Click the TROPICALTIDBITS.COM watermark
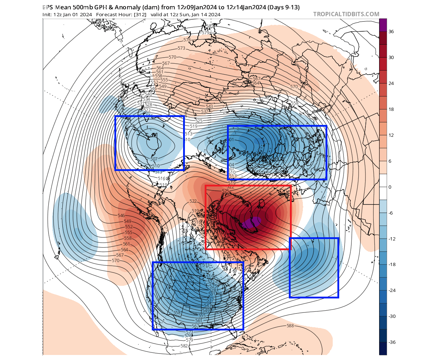tap(346, 14)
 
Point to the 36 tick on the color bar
tap(391, 31)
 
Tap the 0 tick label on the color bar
tap(390, 187)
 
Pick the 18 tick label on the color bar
tap(391, 109)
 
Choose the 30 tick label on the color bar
tap(391, 57)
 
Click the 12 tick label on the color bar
tap(391, 135)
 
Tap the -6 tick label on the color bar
tap(391, 213)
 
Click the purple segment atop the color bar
tap(383, 25)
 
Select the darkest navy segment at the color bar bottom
tap(383, 348)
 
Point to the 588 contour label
tap(290, 326)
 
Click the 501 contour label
tap(231, 140)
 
